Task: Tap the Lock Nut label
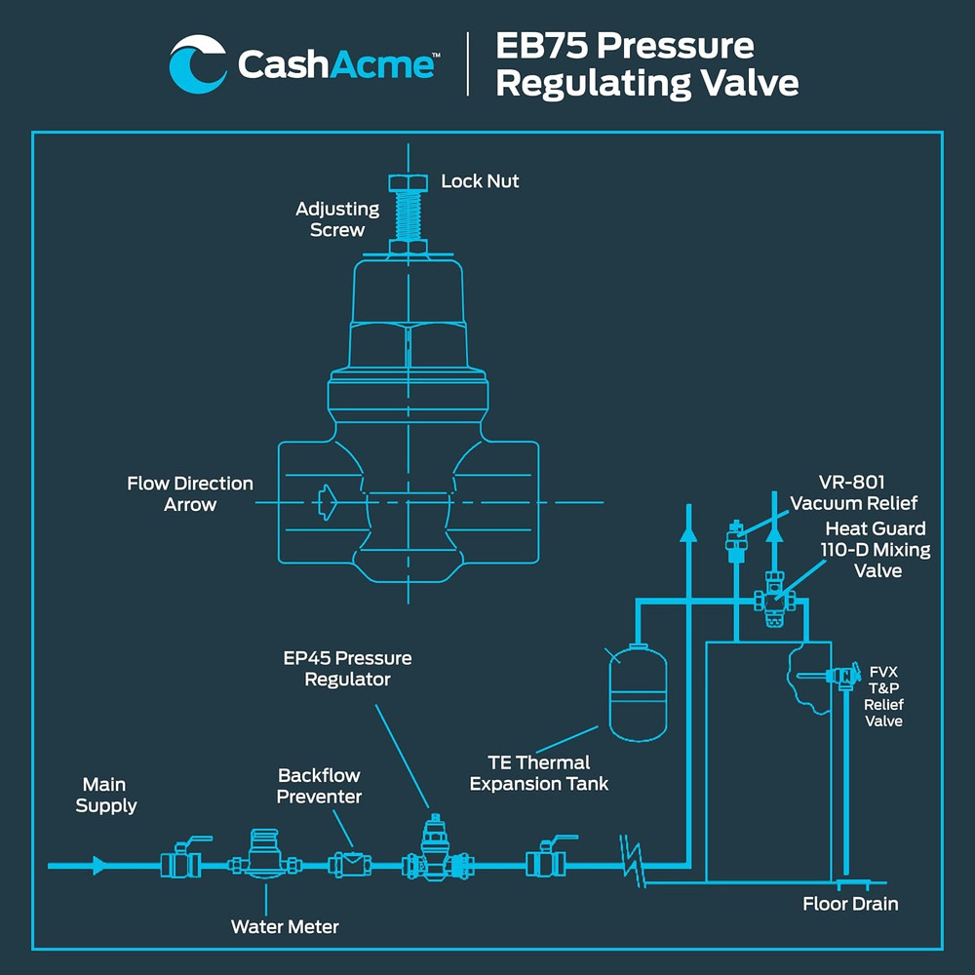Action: tap(480, 181)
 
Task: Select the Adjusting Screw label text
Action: tap(337, 219)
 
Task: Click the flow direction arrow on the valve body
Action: tap(327, 502)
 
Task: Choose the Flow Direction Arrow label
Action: tap(190, 494)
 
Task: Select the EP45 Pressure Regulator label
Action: tap(347, 668)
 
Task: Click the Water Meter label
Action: tap(285, 926)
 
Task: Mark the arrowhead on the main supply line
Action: tap(98, 865)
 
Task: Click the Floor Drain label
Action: tap(850, 904)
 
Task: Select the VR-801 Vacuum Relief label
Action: tap(853, 492)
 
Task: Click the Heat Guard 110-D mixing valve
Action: tap(773, 602)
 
